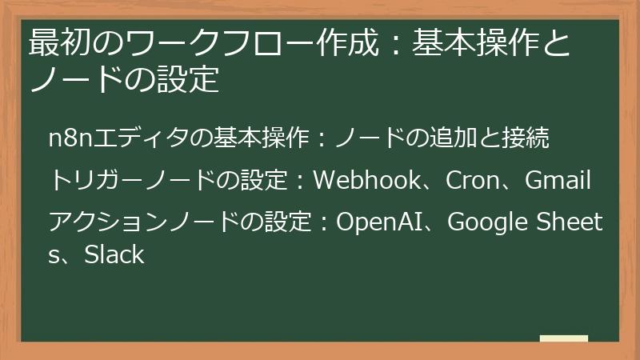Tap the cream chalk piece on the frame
[x=563, y=339]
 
